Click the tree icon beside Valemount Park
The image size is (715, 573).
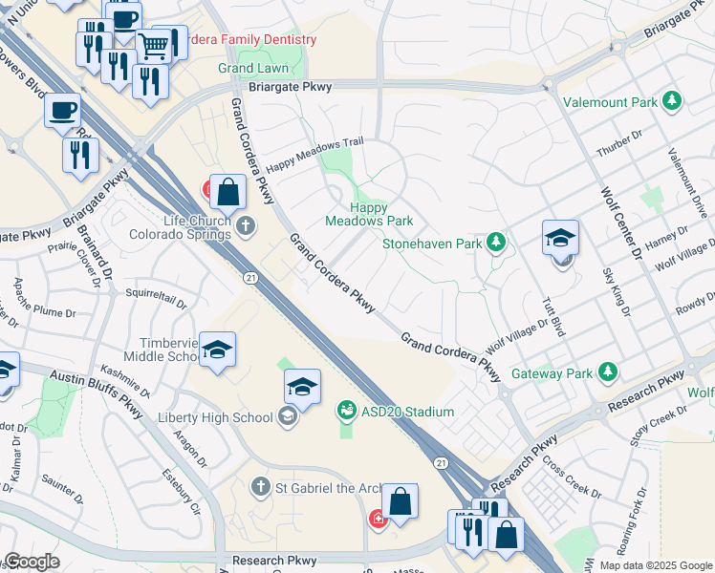coord(673,100)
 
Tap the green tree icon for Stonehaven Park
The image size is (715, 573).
coord(495,243)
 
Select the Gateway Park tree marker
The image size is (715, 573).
coord(606,372)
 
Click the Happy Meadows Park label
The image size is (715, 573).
coord(368,214)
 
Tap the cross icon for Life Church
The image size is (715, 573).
coord(247,226)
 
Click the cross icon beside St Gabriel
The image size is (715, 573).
coord(259,488)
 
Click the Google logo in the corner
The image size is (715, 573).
coord(32,562)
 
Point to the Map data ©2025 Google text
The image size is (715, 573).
coord(655,564)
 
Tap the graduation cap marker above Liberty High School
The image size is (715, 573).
coord(302,387)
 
